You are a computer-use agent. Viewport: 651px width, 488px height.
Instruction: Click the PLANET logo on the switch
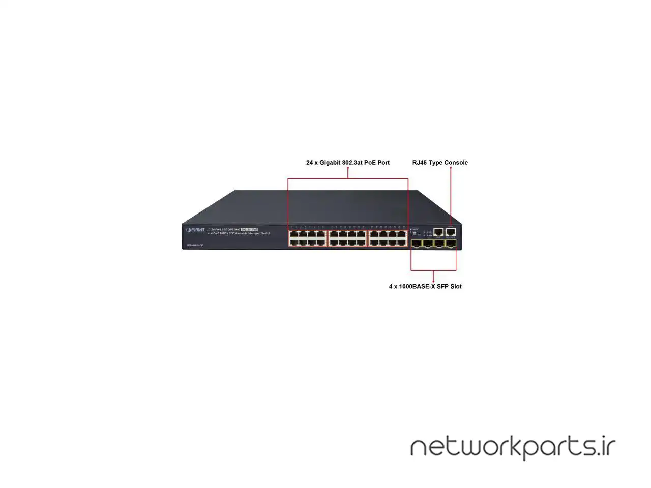[x=195, y=230]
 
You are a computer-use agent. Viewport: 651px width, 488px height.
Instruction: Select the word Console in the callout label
[x=456, y=163]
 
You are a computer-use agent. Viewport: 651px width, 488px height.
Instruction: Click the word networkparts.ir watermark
[x=513, y=447]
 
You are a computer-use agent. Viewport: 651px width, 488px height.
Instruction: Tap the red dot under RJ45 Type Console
[x=451, y=168]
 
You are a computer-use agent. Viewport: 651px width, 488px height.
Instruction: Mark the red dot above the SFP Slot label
[x=433, y=281]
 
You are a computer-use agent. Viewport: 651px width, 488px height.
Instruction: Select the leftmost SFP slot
[x=416, y=243]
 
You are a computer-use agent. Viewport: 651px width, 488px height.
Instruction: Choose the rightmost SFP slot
[x=451, y=243]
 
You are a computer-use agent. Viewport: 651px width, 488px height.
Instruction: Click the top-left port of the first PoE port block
[x=293, y=234]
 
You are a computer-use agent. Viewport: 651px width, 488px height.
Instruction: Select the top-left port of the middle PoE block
[x=334, y=234]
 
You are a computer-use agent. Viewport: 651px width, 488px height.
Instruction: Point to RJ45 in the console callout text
[x=420, y=163]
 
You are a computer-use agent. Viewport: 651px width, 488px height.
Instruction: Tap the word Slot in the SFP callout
[x=455, y=287]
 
